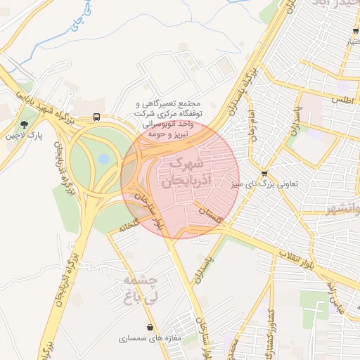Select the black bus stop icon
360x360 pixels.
tap(96, 118)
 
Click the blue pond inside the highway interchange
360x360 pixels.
tap(104, 159)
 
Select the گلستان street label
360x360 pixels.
tap(210, 215)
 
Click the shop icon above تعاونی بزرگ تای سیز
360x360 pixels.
tap(264, 174)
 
